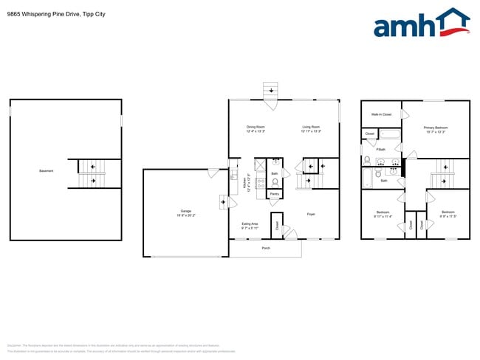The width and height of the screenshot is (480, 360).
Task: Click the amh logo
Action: pyautogui.click(x=422, y=24)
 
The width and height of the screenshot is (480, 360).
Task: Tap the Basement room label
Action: pyautogui.click(x=46, y=171)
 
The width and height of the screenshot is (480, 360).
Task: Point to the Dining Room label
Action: pyautogui.click(x=256, y=127)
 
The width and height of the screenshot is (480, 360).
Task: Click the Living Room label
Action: pyautogui.click(x=311, y=127)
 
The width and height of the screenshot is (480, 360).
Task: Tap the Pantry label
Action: pyautogui.click(x=274, y=194)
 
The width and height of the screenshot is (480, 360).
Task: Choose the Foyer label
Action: pyautogui.click(x=312, y=214)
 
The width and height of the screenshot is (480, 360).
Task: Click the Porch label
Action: pyautogui.click(x=266, y=248)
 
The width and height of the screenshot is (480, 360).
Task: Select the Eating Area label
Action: pyautogui.click(x=250, y=224)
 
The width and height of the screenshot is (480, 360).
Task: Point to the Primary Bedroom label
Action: pyautogui.click(x=436, y=127)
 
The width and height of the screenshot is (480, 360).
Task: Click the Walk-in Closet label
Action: pyautogui.click(x=381, y=114)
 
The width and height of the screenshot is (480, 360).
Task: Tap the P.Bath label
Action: pyautogui.click(x=381, y=150)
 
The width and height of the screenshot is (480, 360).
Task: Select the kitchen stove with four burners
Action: pyautogui.click(x=261, y=182)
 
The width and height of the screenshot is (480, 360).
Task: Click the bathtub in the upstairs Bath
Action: pyautogui.click(x=367, y=178)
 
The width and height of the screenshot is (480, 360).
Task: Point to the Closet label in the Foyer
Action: pyautogui.click(x=276, y=224)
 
